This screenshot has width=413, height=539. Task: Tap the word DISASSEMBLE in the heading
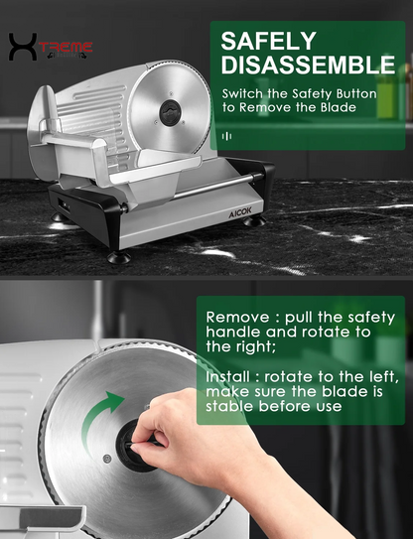click(308, 66)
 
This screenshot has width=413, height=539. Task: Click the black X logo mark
click(22, 47)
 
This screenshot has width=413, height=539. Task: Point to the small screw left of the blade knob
click(106, 457)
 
